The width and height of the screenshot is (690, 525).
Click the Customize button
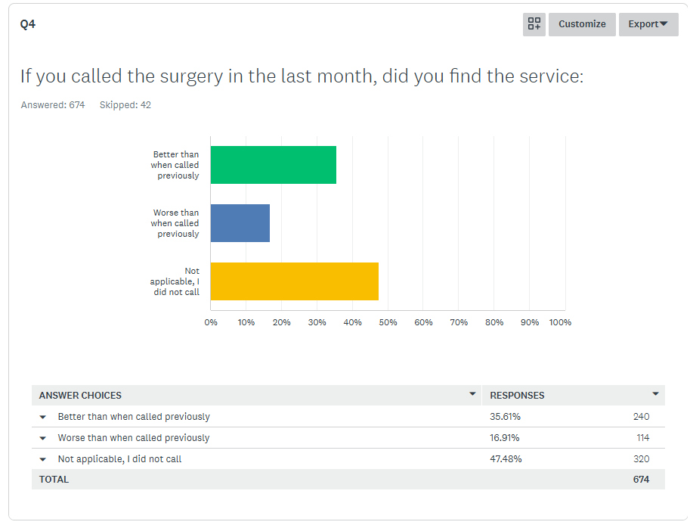[582, 24]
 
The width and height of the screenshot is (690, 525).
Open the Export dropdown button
[648, 24]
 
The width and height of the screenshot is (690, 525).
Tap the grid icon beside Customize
[534, 24]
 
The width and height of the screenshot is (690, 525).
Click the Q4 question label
[28, 24]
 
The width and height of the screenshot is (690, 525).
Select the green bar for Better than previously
[273, 165]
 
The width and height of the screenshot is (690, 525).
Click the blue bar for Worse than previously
[240, 223]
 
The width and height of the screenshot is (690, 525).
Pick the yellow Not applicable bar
[294, 281]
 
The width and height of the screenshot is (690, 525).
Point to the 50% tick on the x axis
[388, 322]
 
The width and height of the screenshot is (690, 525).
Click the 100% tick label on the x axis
[560, 322]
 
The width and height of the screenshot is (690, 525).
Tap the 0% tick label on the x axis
[211, 322]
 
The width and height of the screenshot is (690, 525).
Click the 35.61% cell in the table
[505, 417]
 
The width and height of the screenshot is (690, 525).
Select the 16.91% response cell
[505, 438]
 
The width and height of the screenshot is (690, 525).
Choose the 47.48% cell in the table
[506, 459]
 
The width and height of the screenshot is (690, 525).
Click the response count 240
[641, 417]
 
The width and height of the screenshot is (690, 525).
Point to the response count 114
[642, 438]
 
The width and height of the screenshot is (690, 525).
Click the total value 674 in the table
[641, 480]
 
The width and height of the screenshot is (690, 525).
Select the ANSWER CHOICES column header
[80, 396]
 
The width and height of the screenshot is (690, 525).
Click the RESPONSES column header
[517, 396]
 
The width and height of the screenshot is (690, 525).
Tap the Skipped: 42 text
[125, 105]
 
